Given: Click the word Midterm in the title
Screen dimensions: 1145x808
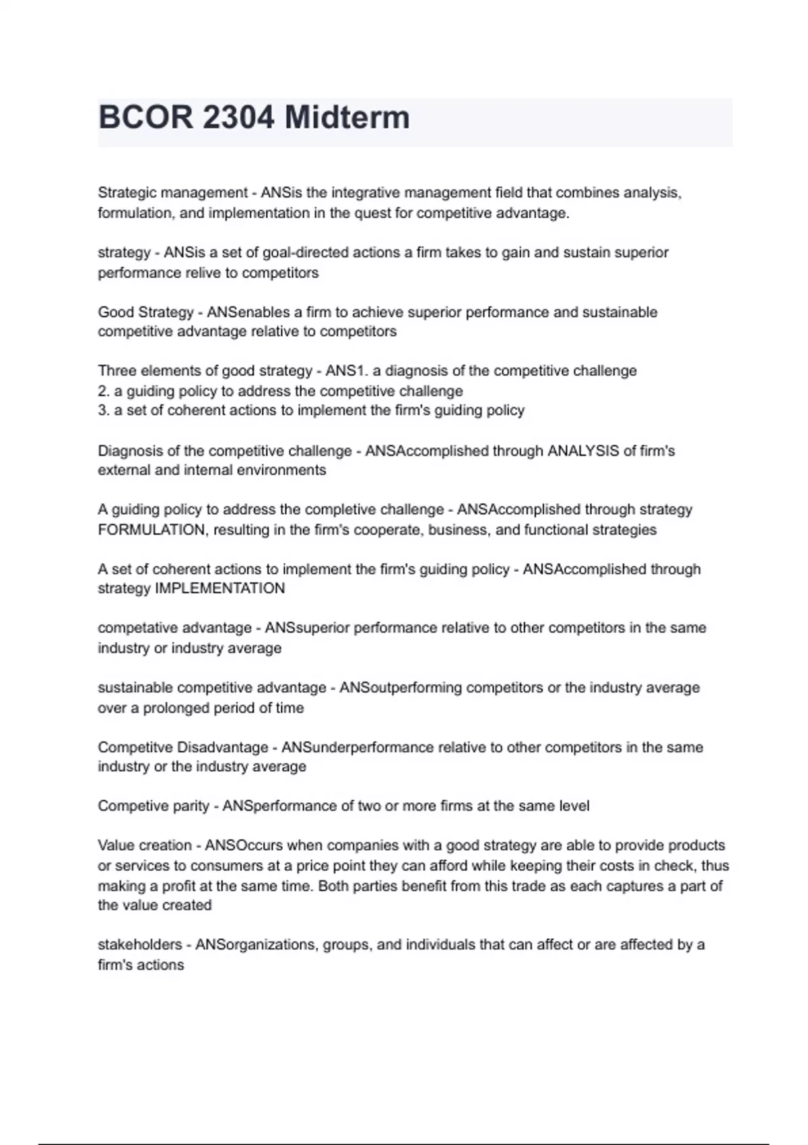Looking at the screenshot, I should point(347,117).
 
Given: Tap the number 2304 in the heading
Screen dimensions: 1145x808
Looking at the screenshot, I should point(238,117).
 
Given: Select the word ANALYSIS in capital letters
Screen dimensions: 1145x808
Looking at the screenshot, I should point(583,451).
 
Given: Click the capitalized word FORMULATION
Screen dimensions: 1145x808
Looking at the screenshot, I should point(151,529).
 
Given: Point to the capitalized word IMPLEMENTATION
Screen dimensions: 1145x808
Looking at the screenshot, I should point(220,588).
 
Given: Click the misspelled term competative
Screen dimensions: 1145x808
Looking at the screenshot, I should point(127,628).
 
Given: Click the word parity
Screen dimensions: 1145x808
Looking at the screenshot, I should point(189,806).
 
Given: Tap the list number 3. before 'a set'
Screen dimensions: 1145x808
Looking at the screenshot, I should point(104,410).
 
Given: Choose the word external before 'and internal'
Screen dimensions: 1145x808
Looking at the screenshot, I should point(124,469).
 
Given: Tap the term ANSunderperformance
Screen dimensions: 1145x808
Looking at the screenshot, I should point(357,747).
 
